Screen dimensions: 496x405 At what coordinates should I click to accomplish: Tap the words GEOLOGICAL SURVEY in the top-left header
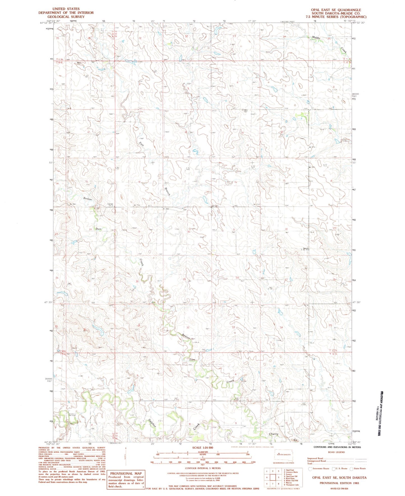[66, 17]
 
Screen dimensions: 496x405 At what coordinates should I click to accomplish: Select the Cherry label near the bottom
[274, 434]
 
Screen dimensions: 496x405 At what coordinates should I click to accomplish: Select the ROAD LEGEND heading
[336, 452]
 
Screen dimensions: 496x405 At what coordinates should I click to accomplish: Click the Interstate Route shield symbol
[310, 469]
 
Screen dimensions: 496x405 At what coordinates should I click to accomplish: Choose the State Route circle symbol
[351, 469]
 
